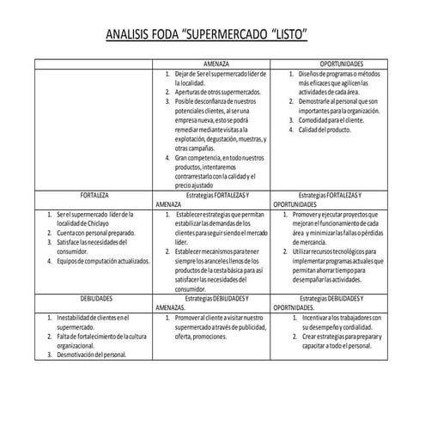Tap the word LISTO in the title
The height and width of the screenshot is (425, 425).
(288, 36)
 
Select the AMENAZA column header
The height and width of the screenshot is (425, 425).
(212, 64)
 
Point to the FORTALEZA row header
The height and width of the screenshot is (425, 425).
(94, 195)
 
